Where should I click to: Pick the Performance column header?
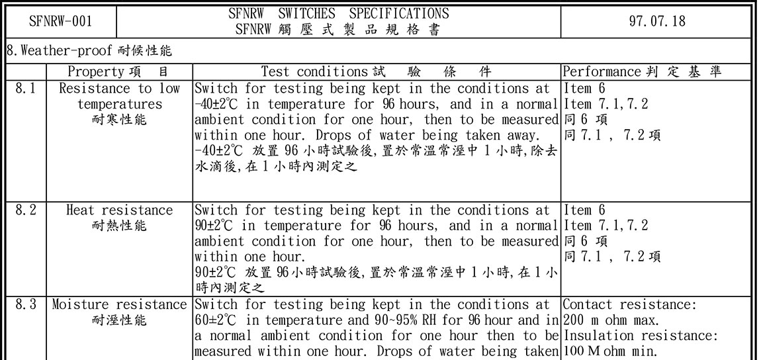pyautogui.click(x=602, y=71)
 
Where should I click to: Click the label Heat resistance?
pyautogui.click(x=119, y=210)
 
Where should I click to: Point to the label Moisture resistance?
pyautogui.click(x=119, y=305)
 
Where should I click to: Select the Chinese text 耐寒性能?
pyautogui.click(x=119, y=120)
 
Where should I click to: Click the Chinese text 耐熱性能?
pyautogui.click(x=119, y=226)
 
